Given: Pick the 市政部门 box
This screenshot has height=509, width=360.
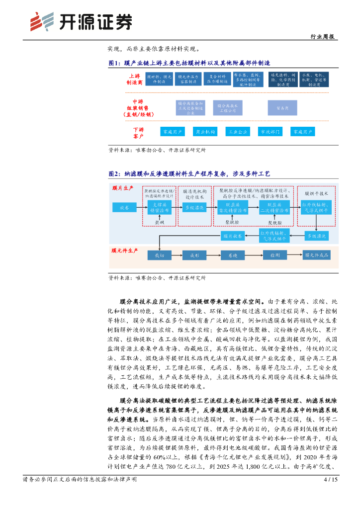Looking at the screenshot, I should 270,132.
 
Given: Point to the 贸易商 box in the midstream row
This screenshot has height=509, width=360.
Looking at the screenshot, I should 277,107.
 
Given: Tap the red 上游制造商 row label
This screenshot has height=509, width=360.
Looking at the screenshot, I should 134,80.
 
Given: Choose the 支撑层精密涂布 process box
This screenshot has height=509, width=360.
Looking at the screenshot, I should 159,208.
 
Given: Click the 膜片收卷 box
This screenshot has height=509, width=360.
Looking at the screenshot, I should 232,236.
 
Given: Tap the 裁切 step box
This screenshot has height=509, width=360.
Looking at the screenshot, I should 159,255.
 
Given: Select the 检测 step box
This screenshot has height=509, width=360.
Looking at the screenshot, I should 274,255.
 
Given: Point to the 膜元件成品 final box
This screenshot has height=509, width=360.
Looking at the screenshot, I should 317,255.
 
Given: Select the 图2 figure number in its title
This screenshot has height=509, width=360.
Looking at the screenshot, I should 114,173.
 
